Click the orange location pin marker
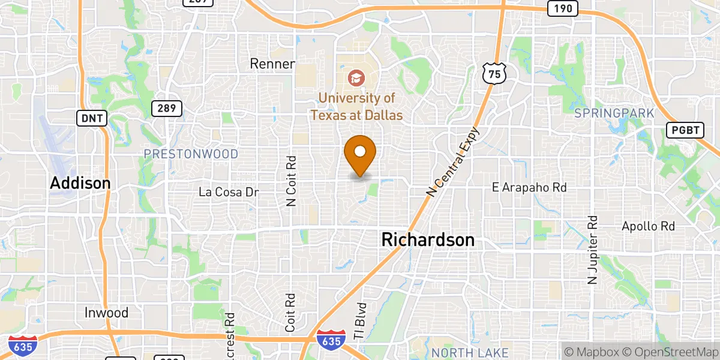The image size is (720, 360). pyautogui.click(x=360, y=153)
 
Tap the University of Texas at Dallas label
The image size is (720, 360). pyautogui.click(x=356, y=106)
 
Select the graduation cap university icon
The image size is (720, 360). pyautogui.click(x=356, y=77)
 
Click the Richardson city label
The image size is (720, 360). pyautogui.click(x=428, y=240)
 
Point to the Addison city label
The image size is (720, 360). pyautogui.click(x=80, y=183)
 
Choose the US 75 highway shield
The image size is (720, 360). pyautogui.click(x=494, y=73)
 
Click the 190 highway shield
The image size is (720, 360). pyautogui.click(x=562, y=8)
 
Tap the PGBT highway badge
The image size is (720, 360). pyautogui.click(x=685, y=130)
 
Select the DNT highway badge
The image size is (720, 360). pyautogui.click(x=92, y=118)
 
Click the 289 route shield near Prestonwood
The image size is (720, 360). pyautogui.click(x=166, y=109)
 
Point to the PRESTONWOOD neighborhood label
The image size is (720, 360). pyautogui.click(x=191, y=154)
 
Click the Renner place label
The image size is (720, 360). pyautogui.click(x=272, y=64)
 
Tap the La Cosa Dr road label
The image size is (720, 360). pyautogui.click(x=229, y=192)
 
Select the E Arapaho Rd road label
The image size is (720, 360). pyautogui.click(x=529, y=188)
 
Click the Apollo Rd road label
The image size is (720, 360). pyautogui.click(x=649, y=226)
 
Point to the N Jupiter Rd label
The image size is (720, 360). pyautogui.click(x=593, y=250)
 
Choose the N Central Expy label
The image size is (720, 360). pyautogui.click(x=454, y=161)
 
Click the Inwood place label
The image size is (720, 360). pyautogui.click(x=106, y=313)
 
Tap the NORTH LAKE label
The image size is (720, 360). pyautogui.click(x=470, y=352)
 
